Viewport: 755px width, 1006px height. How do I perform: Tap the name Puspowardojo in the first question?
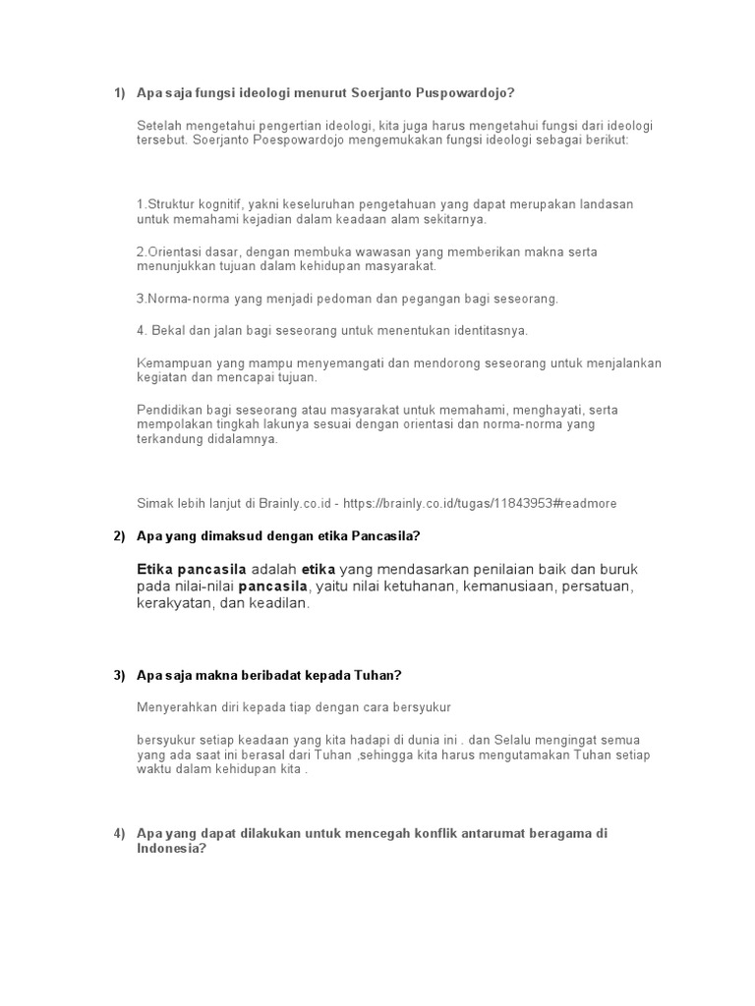click(466, 93)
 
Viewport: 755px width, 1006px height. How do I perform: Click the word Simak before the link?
click(154, 503)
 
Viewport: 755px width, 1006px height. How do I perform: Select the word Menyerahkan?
click(175, 706)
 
